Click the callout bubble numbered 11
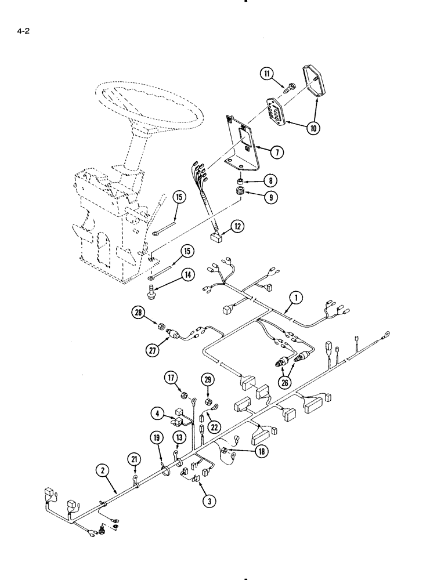pos(266,74)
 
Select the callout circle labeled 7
pos(276,152)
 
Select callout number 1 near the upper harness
pos(296,299)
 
